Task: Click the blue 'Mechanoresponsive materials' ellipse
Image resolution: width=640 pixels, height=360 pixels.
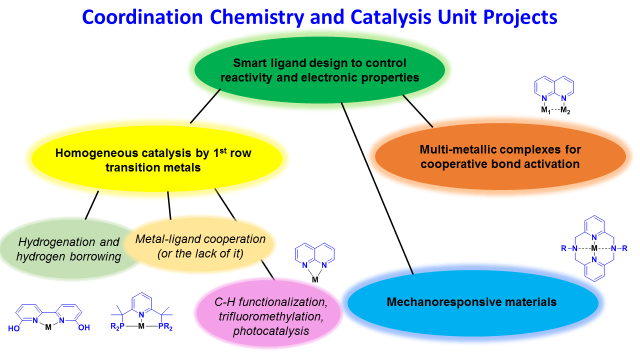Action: click(472, 302)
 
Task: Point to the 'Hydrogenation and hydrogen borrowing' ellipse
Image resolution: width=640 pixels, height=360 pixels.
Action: click(65, 249)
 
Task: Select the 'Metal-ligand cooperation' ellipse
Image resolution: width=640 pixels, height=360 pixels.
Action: click(200, 245)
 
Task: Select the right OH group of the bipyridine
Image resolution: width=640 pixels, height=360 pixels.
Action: click(83, 328)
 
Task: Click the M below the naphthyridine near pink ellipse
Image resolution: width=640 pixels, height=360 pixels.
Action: click(314, 280)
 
